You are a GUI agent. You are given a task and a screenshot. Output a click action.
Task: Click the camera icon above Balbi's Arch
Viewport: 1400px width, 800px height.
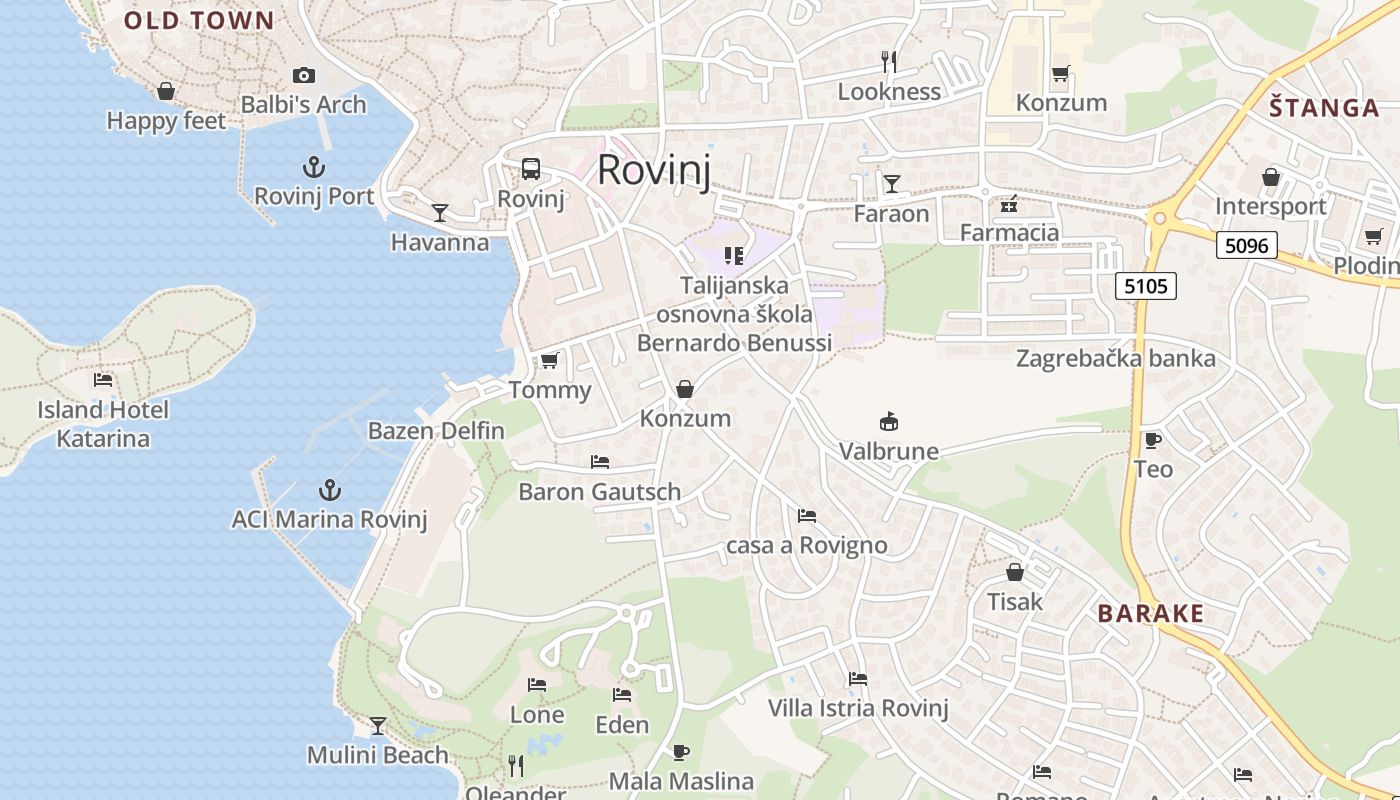[x=304, y=75]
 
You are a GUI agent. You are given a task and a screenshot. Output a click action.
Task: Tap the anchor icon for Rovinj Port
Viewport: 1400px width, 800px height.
[x=314, y=167]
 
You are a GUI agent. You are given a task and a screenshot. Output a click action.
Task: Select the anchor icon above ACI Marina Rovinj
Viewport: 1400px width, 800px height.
[x=329, y=490]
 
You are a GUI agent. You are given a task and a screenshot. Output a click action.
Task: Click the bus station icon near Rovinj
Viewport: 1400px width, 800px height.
[x=531, y=169]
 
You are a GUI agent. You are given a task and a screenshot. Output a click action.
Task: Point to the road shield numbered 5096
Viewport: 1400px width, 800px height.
[x=1247, y=245]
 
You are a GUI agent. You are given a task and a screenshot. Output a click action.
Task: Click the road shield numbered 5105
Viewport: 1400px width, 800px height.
[x=1145, y=287]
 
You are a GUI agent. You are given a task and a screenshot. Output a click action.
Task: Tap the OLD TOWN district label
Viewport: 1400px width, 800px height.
[x=199, y=20]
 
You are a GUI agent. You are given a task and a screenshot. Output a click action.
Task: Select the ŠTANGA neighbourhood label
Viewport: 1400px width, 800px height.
[x=1324, y=108]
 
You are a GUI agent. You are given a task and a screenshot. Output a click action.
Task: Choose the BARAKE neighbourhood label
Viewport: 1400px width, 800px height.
[x=1151, y=613]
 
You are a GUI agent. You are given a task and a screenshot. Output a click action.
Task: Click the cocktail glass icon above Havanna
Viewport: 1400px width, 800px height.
[x=440, y=212]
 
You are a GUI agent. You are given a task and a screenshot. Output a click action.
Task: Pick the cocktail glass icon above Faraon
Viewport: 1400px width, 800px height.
[x=891, y=183]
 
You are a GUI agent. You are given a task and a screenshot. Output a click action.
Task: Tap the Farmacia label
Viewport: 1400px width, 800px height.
[x=1009, y=233]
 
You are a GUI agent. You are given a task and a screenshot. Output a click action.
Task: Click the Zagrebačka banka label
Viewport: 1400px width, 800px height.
[x=1116, y=358]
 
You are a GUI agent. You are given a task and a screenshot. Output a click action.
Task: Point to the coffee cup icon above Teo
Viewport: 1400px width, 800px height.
[x=1153, y=440]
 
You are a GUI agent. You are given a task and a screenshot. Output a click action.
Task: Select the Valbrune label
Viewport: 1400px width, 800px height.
[x=889, y=451]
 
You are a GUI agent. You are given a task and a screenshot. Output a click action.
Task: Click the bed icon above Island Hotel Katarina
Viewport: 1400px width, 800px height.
[x=103, y=380]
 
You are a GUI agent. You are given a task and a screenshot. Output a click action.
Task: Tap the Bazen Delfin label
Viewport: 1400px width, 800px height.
[x=436, y=431]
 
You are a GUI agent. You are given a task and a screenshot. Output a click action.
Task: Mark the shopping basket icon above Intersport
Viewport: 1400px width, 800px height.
[x=1270, y=177]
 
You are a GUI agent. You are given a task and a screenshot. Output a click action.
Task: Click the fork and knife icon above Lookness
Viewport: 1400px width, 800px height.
[x=889, y=62]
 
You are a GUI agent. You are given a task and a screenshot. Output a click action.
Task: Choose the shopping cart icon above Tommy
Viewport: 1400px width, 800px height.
[x=549, y=360]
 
